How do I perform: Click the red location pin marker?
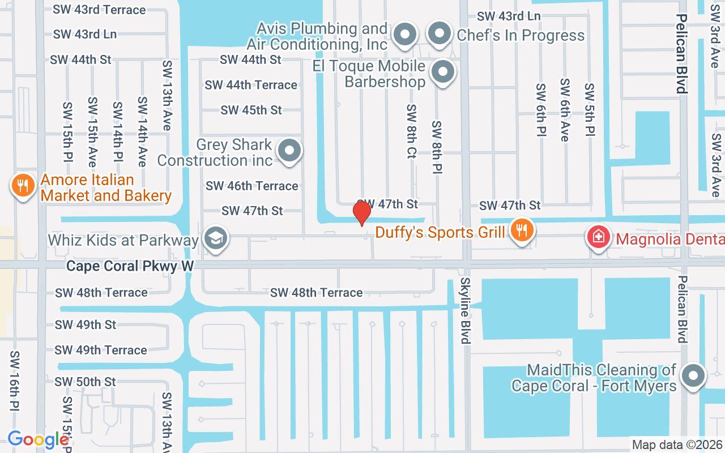click(x=362, y=213)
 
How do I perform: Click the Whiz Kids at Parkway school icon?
click(x=215, y=238)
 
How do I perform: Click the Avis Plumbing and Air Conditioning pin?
click(x=404, y=34)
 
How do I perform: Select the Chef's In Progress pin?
click(x=439, y=34)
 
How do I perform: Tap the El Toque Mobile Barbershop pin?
click(x=443, y=72)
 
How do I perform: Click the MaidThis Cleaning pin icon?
click(x=692, y=375)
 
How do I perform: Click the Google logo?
click(x=38, y=439)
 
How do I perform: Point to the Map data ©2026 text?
click(x=677, y=445)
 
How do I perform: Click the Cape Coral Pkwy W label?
click(x=130, y=266)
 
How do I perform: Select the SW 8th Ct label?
click(x=411, y=131)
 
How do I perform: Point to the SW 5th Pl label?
click(x=590, y=110)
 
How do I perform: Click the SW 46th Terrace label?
click(x=251, y=186)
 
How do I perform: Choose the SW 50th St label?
click(x=85, y=382)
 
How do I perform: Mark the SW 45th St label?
click(x=251, y=110)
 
